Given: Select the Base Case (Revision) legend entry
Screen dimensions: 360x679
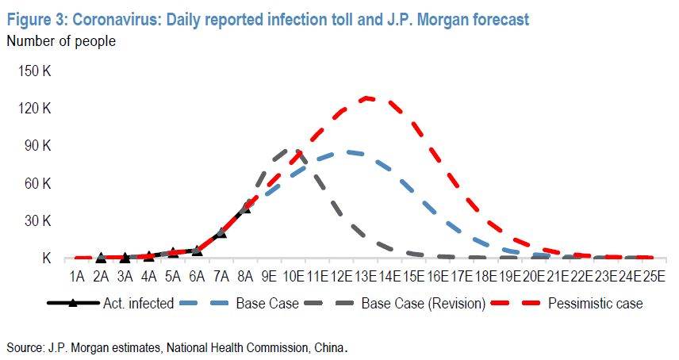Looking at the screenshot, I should [412, 304].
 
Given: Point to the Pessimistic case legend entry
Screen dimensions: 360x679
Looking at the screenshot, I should [595, 304].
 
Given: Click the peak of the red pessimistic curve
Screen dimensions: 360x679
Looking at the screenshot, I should [366, 98].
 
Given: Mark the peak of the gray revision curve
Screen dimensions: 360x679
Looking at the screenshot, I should [290, 148].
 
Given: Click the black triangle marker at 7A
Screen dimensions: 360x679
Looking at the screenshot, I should [221, 232].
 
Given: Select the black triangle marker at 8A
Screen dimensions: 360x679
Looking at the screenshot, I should [245, 207].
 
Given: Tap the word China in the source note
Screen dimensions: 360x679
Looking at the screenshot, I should [328, 347].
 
